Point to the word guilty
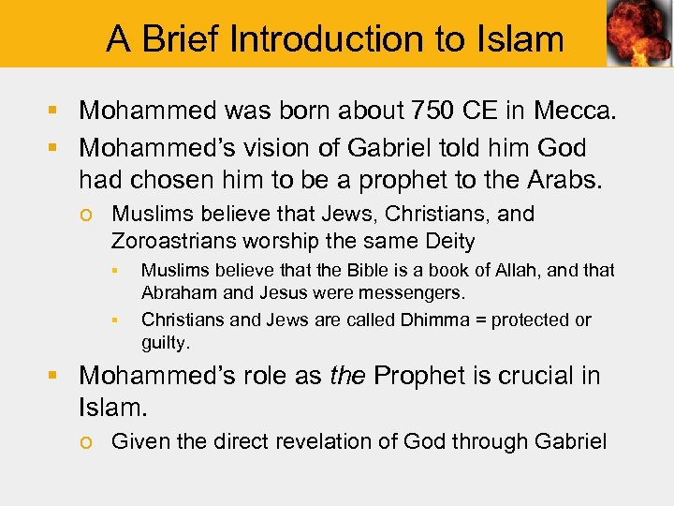165,343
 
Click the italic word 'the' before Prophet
346,376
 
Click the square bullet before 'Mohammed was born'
55,112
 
